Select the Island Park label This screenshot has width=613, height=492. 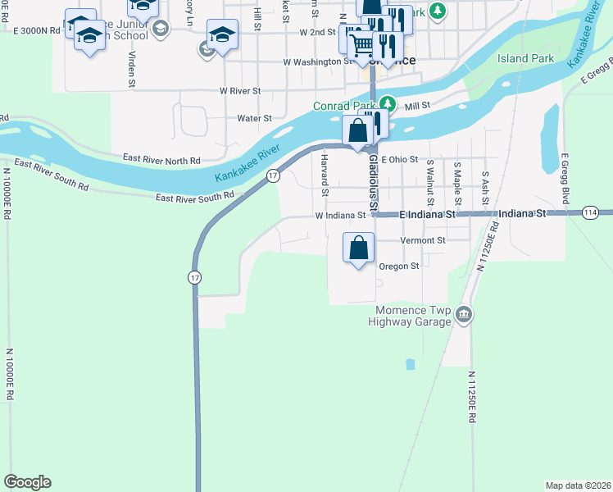(525, 59)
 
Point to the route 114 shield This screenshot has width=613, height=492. (590, 213)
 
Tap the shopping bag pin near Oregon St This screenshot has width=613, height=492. (359, 248)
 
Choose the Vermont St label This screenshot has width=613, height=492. (423, 240)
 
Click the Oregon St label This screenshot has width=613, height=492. (399, 266)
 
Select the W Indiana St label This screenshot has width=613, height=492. (340, 216)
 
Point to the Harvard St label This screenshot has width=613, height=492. (325, 175)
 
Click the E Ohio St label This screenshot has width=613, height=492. (399, 159)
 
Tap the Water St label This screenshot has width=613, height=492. (254, 118)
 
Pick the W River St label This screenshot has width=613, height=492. (239, 90)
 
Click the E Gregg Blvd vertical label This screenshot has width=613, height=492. (565, 177)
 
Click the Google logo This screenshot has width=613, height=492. (27, 482)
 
